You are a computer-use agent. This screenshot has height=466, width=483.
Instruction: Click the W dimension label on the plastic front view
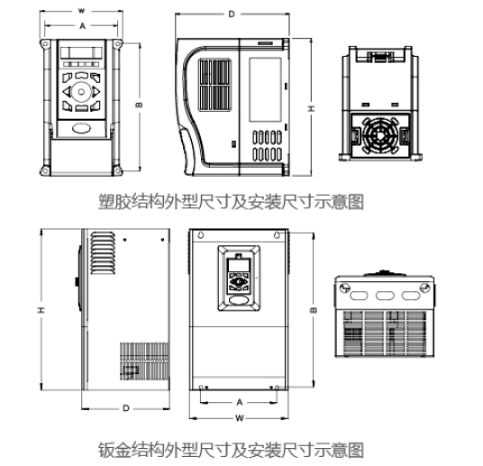(x=81, y=11)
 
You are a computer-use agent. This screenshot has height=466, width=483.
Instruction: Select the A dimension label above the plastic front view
(x=82, y=26)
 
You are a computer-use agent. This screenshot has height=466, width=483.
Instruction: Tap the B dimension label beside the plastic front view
(x=140, y=105)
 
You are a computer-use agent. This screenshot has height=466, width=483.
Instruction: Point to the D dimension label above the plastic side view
(x=232, y=14)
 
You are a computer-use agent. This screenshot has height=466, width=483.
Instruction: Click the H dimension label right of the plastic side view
(x=312, y=108)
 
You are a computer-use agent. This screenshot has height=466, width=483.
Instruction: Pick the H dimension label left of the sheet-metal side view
(x=41, y=310)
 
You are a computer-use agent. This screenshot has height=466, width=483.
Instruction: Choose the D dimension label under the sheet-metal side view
(x=125, y=408)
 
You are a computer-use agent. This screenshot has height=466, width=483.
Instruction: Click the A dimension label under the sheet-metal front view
(x=240, y=402)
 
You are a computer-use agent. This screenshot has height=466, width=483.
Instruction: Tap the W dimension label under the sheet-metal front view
(x=240, y=418)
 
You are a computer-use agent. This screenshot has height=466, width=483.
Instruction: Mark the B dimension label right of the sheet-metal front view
(x=314, y=310)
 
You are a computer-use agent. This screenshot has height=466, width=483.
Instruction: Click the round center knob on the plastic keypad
(x=81, y=92)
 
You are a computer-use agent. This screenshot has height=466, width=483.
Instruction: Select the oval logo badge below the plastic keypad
(x=82, y=128)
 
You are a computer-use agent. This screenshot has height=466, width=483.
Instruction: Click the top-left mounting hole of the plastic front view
(x=45, y=44)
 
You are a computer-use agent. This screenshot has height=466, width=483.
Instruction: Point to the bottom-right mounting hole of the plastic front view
(x=118, y=170)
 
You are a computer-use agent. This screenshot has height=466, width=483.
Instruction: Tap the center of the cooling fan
(x=379, y=134)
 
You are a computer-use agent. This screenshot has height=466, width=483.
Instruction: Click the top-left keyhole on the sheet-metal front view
(x=201, y=235)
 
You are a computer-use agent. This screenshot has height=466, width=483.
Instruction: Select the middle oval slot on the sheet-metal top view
(x=385, y=296)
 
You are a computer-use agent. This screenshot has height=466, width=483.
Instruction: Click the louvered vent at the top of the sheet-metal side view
(x=104, y=253)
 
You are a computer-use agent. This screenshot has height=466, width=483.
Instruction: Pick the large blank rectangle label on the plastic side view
(x=265, y=90)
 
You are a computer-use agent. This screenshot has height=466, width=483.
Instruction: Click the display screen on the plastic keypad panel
(x=81, y=52)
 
